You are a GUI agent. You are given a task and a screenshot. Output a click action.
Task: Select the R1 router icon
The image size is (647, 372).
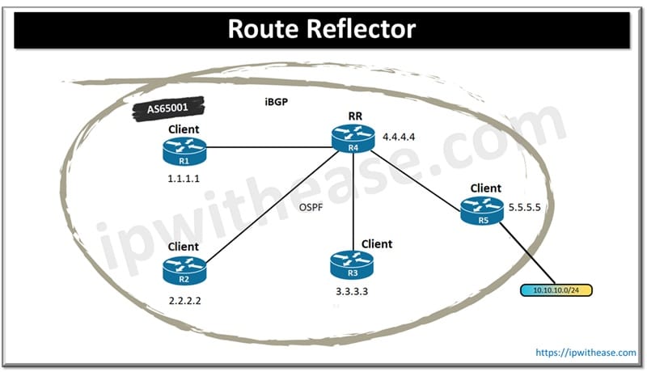(184, 149)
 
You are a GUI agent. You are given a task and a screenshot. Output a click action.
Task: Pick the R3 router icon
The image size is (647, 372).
(351, 263)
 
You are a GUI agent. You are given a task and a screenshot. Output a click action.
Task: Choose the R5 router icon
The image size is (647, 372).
(482, 210)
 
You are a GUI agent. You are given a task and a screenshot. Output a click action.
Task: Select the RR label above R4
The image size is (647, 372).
(349, 118)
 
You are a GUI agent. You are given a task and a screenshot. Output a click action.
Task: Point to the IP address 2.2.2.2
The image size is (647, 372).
(184, 299)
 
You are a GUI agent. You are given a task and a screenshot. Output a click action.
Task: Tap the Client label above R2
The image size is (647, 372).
(184, 246)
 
